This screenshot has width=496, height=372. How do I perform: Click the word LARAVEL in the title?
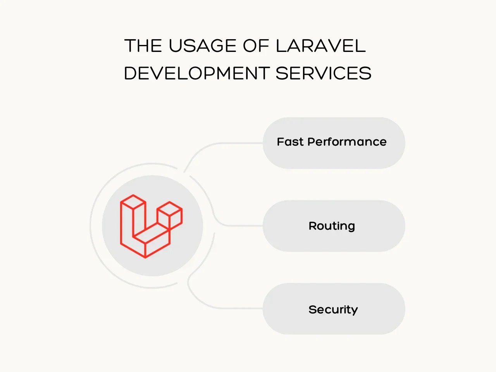coord(320,46)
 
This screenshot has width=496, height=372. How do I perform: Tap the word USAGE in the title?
coord(203,46)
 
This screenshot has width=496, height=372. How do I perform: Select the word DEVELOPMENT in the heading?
coord(196,74)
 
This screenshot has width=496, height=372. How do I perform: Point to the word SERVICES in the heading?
coord(323,74)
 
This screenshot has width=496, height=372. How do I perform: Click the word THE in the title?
coord(143,46)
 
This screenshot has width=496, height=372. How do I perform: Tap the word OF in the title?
coord(256,46)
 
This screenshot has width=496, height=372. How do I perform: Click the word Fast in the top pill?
coord(290,142)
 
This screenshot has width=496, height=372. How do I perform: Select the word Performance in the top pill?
coord(347,142)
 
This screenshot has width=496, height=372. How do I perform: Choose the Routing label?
coord(332,226)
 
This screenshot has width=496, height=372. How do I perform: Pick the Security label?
coord(333,309)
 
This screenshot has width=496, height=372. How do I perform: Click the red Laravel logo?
coord(151,226)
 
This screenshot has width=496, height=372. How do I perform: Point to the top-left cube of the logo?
coord(133,202)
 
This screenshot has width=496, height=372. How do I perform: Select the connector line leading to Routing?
coord(240,226)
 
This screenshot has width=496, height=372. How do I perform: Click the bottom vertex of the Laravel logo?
coord(145,257)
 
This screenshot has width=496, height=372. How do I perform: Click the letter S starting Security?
coord(312,309)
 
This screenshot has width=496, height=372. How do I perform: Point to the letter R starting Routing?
coord(312,226)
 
